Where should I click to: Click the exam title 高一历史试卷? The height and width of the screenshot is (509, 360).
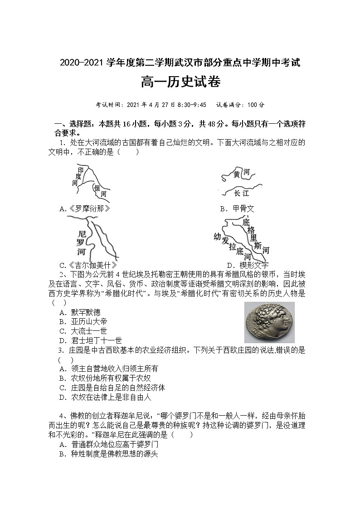pos(180,83)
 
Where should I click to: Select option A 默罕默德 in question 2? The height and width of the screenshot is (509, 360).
pos(80,312)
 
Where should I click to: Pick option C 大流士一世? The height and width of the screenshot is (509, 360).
pos(83,331)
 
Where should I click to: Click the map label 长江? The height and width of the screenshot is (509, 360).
pos(241,193)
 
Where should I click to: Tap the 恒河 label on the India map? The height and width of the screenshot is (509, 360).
pos(100,190)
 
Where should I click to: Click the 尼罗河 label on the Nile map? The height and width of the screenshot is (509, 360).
pos(82,242)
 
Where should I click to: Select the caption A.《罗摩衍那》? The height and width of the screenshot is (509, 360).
pos(85,208)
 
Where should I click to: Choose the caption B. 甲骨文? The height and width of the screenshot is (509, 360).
pos(237,208)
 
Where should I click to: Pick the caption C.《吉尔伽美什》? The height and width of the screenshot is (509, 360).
pos(88,265)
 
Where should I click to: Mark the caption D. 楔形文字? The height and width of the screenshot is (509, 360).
pos(248,265)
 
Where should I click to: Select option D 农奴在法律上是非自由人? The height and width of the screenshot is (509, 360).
pos(105,397)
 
